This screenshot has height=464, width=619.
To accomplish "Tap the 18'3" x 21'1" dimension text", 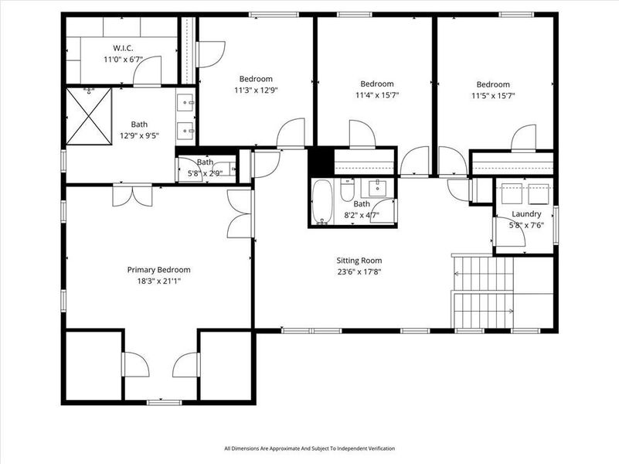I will point(158,281).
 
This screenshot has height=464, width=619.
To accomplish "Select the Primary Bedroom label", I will point(158,270).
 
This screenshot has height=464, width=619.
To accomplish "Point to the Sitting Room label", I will point(359,261).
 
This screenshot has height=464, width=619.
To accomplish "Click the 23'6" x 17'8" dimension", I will point(359,271).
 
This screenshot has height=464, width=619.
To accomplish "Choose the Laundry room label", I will point(526,214).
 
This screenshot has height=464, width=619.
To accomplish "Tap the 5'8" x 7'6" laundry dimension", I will point(526,225).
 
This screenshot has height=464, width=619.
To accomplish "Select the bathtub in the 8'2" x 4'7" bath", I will point(322,202).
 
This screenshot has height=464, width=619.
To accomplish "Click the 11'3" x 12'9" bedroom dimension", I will point(255,90).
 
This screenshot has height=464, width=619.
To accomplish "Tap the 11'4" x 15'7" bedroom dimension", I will point(377,95).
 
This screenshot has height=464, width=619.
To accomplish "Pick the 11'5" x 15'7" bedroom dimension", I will point(493,96).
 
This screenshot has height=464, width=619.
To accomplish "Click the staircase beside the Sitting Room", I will point(483,292).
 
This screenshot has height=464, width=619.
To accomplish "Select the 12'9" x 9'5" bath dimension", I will point(139,135).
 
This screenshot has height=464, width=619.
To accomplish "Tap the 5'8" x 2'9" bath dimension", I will point(204,173).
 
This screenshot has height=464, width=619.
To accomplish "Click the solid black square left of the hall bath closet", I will point(320,161).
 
